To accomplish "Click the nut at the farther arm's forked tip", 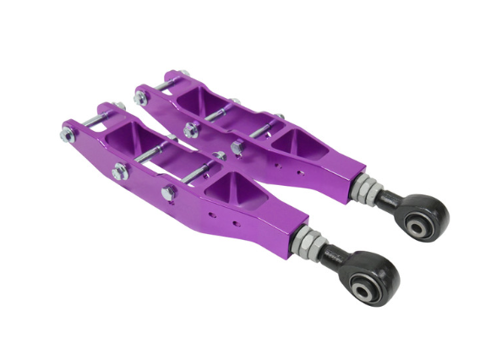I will pos(140,98).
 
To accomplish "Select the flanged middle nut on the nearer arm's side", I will pos(119,172).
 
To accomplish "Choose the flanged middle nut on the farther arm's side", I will pos(191,129).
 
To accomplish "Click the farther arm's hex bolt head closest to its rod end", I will pos(237,147).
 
